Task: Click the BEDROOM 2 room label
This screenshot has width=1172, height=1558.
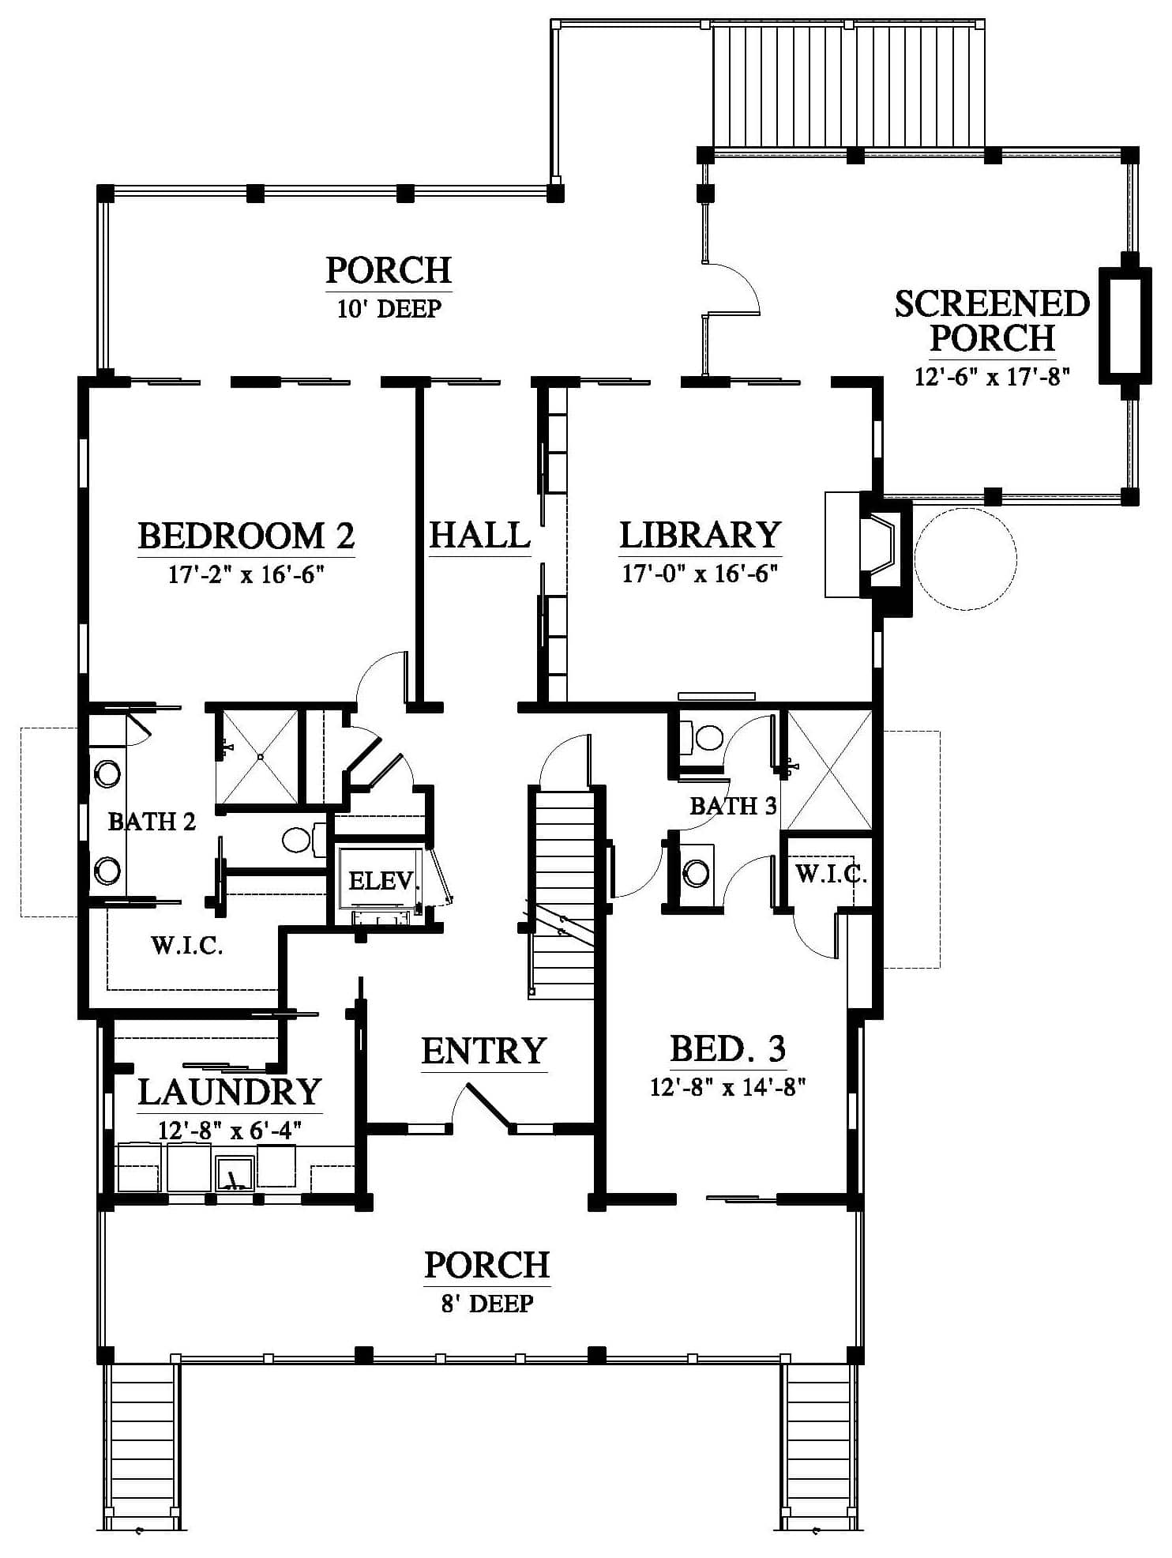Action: tap(246, 536)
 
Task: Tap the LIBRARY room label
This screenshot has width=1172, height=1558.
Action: tap(701, 536)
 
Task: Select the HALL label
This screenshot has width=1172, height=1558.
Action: tap(479, 535)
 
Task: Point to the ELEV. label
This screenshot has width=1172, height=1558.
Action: tap(382, 880)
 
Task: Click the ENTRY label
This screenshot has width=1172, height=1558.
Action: tap(484, 1051)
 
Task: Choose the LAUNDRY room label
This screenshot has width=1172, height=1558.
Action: tap(230, 1092)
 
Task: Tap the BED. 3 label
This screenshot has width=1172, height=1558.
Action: tap(728, 1049)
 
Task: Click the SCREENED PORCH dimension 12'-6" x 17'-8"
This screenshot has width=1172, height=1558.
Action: tap(992, 377)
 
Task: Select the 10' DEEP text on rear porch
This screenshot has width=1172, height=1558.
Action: tap(389, 309)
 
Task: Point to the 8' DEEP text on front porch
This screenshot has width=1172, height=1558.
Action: tap(487, 1303)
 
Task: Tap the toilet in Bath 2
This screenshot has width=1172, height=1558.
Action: tap(300, 839)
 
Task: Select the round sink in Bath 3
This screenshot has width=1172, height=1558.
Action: tap(697, 873)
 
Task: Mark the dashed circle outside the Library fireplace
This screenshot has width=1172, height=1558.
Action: tap(965, 559)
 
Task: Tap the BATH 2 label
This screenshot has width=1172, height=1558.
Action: tap(152, 822)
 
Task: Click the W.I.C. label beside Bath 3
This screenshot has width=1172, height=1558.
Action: tap(831, 875)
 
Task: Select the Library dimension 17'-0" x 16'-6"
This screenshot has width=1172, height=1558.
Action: tap(701, 573)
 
